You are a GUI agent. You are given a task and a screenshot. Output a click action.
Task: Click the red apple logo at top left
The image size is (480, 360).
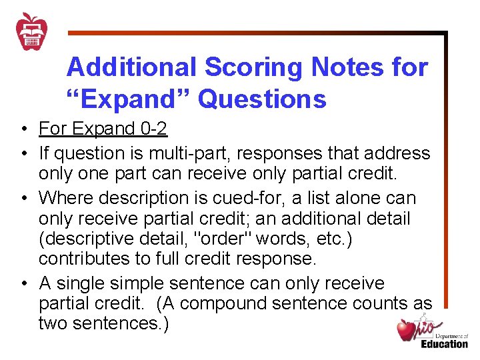click(31, 31)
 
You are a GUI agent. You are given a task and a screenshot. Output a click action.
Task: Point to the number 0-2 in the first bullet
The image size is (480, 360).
click(151, 128)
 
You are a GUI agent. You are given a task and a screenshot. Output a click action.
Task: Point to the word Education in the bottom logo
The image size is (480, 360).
click(444, 343)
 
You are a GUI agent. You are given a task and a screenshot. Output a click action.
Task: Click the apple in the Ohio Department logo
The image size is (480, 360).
click(406, 329)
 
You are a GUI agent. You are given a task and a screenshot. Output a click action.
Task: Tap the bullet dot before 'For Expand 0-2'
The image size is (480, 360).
click(23, 129)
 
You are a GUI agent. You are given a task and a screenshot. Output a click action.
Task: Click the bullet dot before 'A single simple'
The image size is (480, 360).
click(23, 284)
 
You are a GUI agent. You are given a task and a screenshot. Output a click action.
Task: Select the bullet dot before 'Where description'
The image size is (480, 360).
click(23, 199)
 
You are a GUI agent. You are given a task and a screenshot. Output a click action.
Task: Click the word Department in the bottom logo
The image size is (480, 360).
click(452, 336)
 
